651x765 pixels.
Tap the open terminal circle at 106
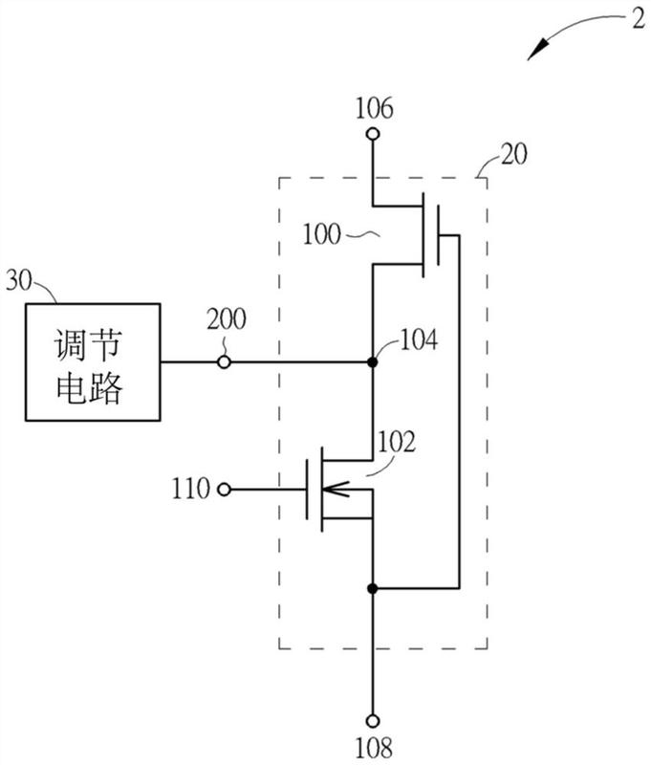pos(373,134)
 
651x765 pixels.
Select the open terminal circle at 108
pos(373,721)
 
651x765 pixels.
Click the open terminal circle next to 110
pos(224,490)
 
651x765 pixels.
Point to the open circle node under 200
pos(224,362)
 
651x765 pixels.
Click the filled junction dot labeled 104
pos(373,362)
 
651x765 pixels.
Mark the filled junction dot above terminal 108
pos(373,588)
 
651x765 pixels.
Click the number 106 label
pos(374,108)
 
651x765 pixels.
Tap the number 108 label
pos(374,748)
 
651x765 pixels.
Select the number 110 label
pos(190,489)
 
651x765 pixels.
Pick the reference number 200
pos(227,319)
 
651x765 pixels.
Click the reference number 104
pos(419,339)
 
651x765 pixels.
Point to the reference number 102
pos(397,442)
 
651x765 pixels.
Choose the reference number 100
pos(322,234)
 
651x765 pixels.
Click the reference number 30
pos(19,281)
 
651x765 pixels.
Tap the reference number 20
pos(514,154)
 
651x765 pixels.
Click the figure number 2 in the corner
pos(639,20)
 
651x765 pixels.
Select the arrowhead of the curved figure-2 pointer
pos(538,51)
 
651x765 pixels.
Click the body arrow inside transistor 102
pos(336,489)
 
